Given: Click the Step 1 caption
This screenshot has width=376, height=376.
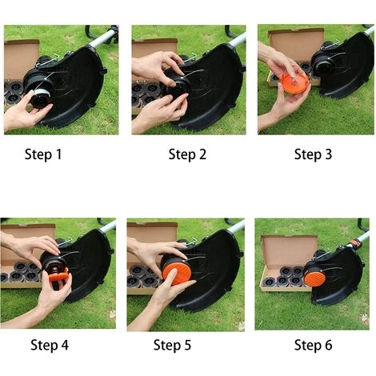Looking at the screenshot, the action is coord(43,154).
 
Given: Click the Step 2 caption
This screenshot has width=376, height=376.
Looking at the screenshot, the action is coord(187,154).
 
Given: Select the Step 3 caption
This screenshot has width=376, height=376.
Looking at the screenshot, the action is coord(313,154).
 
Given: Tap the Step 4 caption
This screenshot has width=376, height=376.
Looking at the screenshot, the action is coord(50,345).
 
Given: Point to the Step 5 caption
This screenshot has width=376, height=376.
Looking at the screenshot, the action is coord(172,345).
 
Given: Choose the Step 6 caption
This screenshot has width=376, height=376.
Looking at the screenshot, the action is coord(313,345).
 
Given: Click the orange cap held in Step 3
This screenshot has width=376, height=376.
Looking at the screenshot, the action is coord(294,83).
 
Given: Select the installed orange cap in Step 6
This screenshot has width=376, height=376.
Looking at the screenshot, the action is coord(314,278).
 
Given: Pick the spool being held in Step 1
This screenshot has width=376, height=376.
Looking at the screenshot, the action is coord(40,98).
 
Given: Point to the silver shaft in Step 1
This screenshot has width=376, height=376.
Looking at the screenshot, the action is coord(102,38).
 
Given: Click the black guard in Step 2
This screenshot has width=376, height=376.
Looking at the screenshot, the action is coord(210,88).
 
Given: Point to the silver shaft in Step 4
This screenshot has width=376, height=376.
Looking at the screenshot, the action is coord(108,227).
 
